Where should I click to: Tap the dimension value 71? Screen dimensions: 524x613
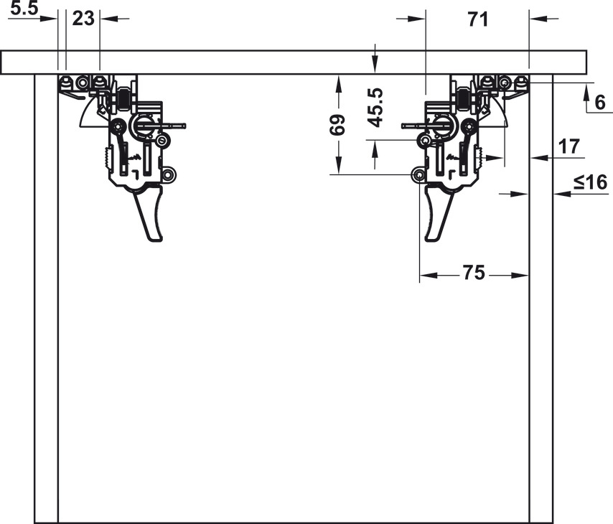(x=477, y=19)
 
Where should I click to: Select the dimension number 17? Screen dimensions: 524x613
(x=569, y=146)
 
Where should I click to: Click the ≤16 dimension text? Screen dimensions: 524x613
(x=590, y=182)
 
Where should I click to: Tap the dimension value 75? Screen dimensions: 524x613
(x=472, y=273)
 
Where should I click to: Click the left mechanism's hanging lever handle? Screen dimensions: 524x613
(x=148, y=213)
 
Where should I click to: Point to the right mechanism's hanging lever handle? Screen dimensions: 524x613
(x=436, y=213)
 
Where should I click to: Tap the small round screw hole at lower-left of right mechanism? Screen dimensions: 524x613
(x=418, y=175)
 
